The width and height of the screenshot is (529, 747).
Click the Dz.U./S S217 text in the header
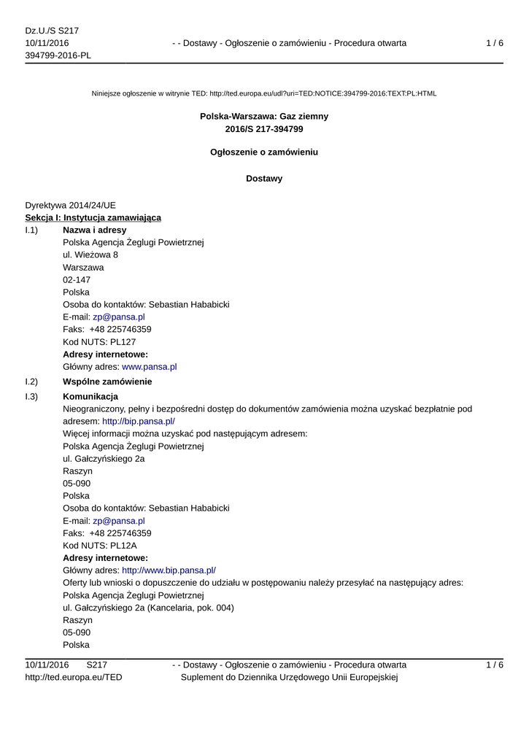click(x=52, y=31)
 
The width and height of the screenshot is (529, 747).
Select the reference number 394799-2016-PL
click(x=58, y=56)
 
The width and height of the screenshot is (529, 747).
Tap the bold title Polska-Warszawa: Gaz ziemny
click(x=264, y=116)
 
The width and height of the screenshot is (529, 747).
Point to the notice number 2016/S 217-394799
click(x=264, y=129)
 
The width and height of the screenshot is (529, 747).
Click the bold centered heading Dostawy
click(x=264, y=179)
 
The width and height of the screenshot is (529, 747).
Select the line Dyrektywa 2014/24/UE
click(x=70, y=205)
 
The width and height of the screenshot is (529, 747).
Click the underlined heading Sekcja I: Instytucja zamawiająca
click(x=93, y=217)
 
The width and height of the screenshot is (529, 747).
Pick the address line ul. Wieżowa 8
click(x=90, y=255)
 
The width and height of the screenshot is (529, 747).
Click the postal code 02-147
click(x=77, y=279)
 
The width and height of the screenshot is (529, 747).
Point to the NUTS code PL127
click(x=123, y=341)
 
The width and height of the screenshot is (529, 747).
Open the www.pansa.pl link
click(x=150, y=367)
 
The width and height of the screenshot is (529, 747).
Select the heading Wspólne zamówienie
click(x=107, y=382)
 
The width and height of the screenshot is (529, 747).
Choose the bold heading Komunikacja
click(x=90, y=396)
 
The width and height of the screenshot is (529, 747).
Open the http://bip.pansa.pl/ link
click(x=139, y=421)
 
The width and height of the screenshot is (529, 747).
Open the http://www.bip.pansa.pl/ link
click(x=169, y=570)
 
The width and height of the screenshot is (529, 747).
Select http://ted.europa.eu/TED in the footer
click(x=74, y=678)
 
